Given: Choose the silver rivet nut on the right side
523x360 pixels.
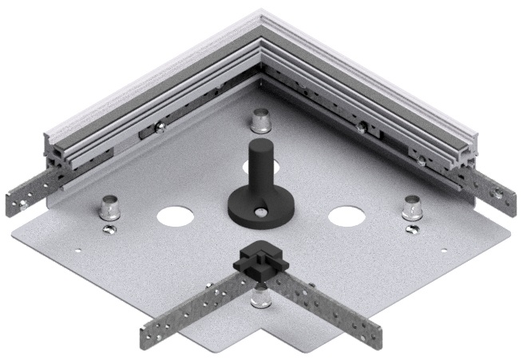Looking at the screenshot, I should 411,207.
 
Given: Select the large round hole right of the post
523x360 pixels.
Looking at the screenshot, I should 346,216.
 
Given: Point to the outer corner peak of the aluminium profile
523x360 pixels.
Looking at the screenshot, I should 261,11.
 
